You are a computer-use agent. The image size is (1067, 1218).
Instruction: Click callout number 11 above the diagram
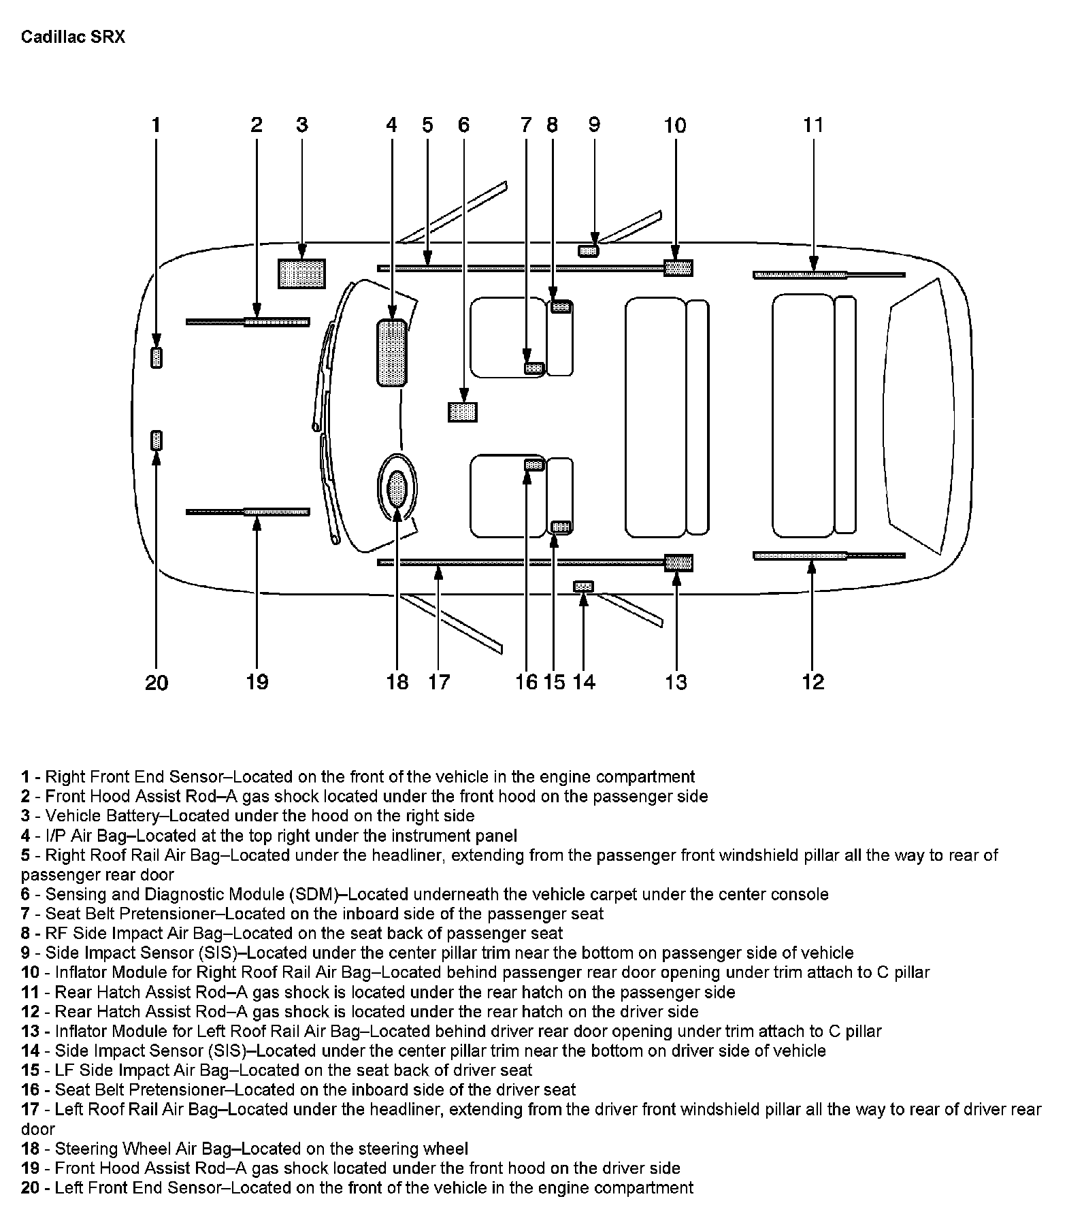[813, 125]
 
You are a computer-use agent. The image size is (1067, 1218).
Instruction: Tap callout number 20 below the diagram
[157, 682]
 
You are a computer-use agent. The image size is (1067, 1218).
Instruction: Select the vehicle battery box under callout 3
[301, 274]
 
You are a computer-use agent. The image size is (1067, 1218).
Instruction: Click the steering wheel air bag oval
[397, 489]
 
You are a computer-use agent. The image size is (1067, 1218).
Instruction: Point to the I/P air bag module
[391, 352]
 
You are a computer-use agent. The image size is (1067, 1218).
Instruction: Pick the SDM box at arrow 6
[463, 412]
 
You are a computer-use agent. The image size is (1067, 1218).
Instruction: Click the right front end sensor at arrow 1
[157, 357]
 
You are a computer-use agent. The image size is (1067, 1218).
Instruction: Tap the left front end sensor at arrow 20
[157, 440]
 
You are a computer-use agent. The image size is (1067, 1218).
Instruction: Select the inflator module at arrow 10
[678, 268]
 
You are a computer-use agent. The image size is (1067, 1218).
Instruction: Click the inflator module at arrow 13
[678, 563]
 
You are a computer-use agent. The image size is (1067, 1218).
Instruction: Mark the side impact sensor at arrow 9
[588, 251]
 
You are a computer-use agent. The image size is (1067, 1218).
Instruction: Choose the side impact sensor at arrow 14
[583, 586]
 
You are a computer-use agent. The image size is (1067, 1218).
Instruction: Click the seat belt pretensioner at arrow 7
[533, 368]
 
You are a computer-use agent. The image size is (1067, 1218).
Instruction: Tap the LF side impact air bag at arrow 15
[560, 526]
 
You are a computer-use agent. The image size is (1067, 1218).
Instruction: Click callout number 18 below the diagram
[397, 682]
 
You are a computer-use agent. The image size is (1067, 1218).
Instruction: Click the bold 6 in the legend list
[25, 893]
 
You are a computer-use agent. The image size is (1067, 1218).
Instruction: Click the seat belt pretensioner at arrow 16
[533, 465]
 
